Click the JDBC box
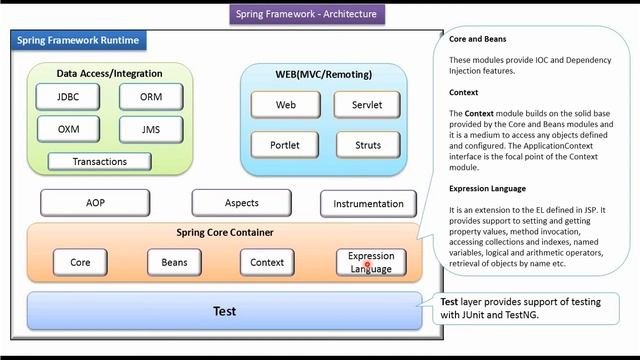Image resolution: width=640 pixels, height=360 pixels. pyautogui.click(x=66, y=97)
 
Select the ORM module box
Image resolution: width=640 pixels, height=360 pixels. pyautogui.click(x=149, y=97)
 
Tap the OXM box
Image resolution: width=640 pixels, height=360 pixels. pyautogui.click(x=66, y=129)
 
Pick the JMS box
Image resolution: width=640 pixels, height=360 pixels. pyautogui.click(x=149, y=129)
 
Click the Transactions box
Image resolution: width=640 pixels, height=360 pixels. pyautogui.click(x=99, y=162)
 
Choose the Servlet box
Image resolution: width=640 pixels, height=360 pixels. pyautogui.click(x=367, y=105)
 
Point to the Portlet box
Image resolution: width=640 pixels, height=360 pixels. pyautogui.click(x=285, y=144)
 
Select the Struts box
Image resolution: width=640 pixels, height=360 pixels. pyautogui.click(x=367, y=144)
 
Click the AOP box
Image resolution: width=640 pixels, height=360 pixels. pyautogui.click(x=95, y=203)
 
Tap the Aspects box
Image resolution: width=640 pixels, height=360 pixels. pyautogui.click(x=241, y=203)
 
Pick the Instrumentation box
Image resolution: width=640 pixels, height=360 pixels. pyautogui.click(x=368, y=204)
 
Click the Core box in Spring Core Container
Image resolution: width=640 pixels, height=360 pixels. pyautogui.click(x=80, y=262)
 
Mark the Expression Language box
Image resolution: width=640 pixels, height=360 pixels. pyautogui.click(x=371, y=262)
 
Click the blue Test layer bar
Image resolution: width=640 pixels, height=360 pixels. pyautogui.click(x=225, y=311)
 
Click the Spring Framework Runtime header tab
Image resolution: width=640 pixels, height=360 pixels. pyautogui.click(x=78, y=41)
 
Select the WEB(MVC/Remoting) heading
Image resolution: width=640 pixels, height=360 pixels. pyautogui.click(x=324, y=76)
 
